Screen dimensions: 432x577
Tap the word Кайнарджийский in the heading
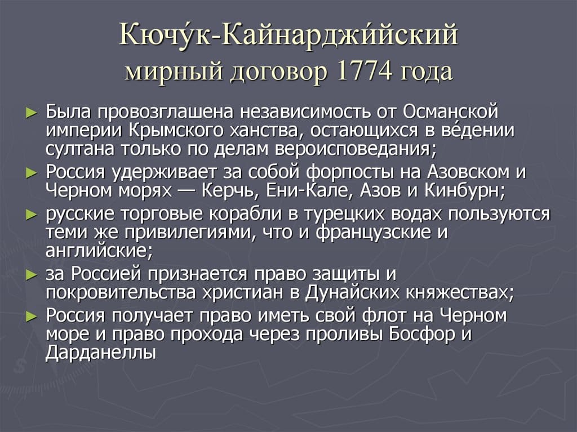pos(340,35)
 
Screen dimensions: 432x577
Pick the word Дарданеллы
pos(100,353)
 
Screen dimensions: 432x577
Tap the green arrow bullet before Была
pos(32,111)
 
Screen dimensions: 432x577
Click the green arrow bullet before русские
pos(32,215)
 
